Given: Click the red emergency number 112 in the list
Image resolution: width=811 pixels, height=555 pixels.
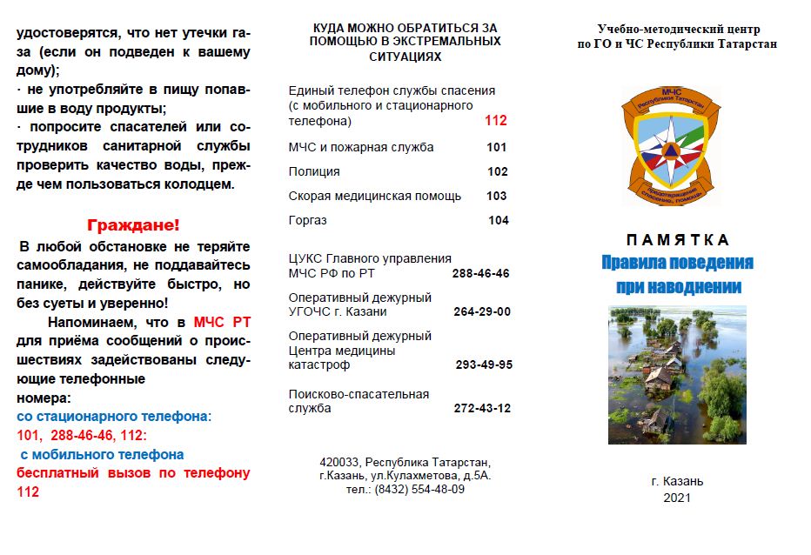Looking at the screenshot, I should pyautogui.click(x=495, y=122).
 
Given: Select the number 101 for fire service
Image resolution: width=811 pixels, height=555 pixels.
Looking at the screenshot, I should pyautogui.click(x=497, y=147).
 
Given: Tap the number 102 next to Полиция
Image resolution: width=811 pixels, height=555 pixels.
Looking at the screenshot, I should pyautogui.click(x=497, y=171).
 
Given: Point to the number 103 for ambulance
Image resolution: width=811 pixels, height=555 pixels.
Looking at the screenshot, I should pyautogui.click(x=497, y=196).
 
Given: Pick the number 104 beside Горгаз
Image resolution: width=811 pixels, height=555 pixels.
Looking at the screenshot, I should pyautogui.click(x=498, y=220).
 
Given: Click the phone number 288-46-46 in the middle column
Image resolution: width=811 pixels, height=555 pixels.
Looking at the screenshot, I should pyautogui.click(x=480, y=273).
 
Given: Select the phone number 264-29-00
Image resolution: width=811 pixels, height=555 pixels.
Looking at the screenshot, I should pyautogui.click(x=482, y=311).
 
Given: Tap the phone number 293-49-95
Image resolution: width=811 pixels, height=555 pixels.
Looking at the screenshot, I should pyautogui.click(x=484, y=364).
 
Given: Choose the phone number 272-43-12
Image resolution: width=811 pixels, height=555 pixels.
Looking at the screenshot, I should pyautogui.click(x=482, y=408).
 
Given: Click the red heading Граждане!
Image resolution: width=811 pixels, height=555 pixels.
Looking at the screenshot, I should pyautogui.click(x=134, y=224).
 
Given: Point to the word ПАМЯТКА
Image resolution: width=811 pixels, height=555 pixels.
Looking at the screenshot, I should pyautogui.click(x=677, y=240).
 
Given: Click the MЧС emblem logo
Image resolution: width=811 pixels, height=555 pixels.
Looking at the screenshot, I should pyautogui.click(x=671, y=145).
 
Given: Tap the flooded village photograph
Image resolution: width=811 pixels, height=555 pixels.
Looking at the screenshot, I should pyautogui.click(x=677, y=374).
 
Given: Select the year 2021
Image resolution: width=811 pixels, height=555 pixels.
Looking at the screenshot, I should pyautogui.click(x=676, y=498).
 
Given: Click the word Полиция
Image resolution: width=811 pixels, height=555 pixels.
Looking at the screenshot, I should pyautogui.click(x=314, y=171).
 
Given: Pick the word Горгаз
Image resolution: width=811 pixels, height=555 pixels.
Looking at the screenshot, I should pyautogui.click(x=307, y=220).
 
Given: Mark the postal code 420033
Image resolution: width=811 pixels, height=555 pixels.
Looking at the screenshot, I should pyautogui.click(x=339, y=461).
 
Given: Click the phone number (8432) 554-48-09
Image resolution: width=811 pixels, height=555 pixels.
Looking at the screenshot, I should pyautogui.click(x=419, y=489).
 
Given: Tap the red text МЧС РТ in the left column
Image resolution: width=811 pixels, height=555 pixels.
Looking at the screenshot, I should pyautogui.click(x=222, y=322).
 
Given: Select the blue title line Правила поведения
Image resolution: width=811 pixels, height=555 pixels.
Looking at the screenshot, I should pyautogui.click(x=677, y=263).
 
